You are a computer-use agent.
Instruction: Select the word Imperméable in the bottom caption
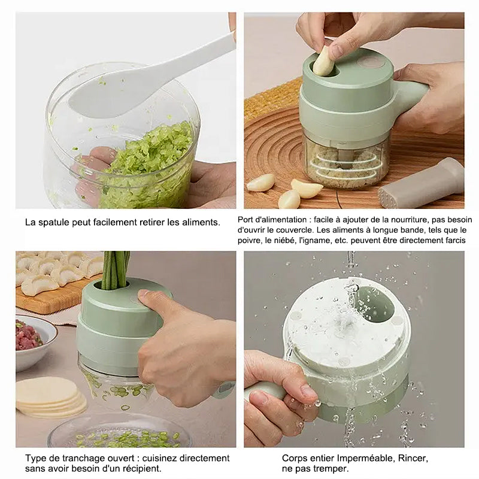362,458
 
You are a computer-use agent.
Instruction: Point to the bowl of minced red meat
33,342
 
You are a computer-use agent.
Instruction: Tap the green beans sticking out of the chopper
115,270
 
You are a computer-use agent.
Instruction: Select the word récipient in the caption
141,469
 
